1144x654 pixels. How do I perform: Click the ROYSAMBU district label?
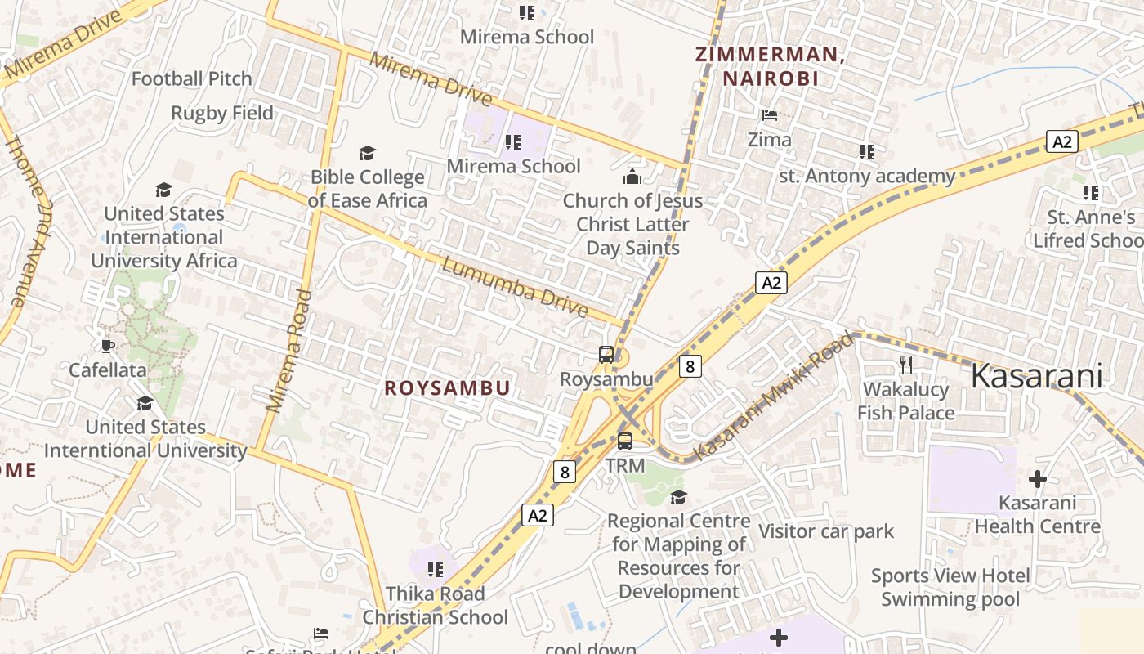pyautogui.click(x=448, y=388)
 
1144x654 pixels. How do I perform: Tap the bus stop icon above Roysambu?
pyautogui.click(x=606, y=355)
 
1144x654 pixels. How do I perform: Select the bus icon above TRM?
pyautogui.click(x=625, y=441)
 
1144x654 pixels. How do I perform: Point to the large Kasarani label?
pyautogui.click(x=1037, y=376)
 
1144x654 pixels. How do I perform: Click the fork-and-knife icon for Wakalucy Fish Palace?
pyautogui.click(x=905, y=365)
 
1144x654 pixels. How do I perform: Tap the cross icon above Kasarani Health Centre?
pyautogui.click(x=1038, y=478)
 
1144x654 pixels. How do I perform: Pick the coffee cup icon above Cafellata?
pyautogui.click(x=107, y=346)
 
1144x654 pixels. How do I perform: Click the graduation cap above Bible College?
pyautogui.click(x=368, y=153)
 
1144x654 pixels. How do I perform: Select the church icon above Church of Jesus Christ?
pyautogui.click(x=632, y=176)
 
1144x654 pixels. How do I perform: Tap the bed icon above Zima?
pyautogui.click(x=770, y=115)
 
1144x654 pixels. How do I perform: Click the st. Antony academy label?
pyautogui.click(x=867, y=176)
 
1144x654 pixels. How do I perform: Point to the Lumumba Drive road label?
pyautogui.click(x=515, y=288)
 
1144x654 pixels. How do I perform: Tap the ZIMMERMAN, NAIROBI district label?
pyautogui.click(x=768, y=66)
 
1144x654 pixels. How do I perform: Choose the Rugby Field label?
pyautogui.click(x=222, y=113)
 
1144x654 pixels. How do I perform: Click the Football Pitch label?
pyautogui.click(x=192, y=78)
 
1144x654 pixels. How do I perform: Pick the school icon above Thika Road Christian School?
pyautogui.click(x=436, y=569)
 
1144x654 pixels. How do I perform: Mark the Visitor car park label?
pyautogui.click(x=826, y=531)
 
